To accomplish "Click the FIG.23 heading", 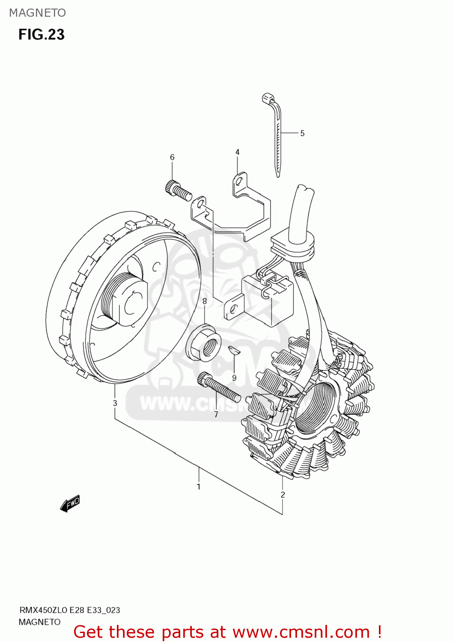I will [41, 35].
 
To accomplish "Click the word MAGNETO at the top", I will [37, 13].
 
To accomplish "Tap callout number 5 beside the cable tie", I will [302, 134].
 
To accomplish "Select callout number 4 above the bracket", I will [237, 152].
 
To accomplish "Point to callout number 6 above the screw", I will [172, 158].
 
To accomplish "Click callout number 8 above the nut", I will [205, 301].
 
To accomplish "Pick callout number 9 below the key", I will [234, 378].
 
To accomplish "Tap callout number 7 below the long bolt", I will [216, 414].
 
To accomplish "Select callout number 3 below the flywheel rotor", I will [115, 403].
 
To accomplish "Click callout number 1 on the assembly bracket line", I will [199, 487].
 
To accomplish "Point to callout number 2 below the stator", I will [283, 495].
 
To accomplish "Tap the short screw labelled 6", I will [178, 191].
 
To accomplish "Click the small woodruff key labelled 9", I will [234, 350].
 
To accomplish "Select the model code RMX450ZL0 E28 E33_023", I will [69, 610].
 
